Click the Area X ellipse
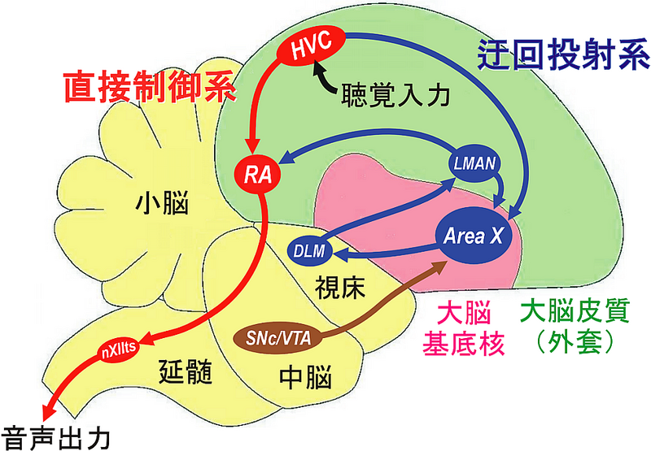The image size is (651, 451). coord(473,236)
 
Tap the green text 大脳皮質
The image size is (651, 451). coord(568,312)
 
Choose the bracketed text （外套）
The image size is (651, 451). coord(568,344)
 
